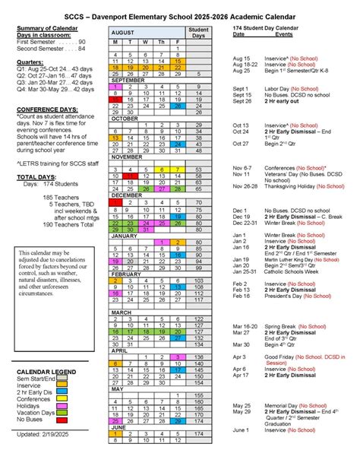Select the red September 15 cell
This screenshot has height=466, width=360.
[x=115, y=100]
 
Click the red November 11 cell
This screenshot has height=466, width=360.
[x=131, y=176]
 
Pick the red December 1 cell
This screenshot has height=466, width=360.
[x=115, y=201]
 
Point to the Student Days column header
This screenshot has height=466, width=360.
[x=198, y=32]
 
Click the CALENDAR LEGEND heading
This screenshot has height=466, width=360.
[x=45, y=392]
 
